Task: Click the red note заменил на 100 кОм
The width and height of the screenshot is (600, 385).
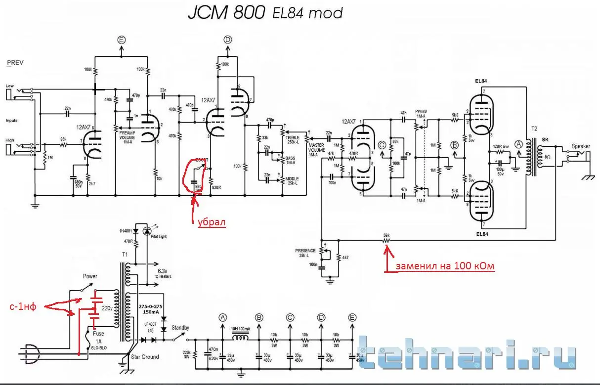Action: coord(444,266)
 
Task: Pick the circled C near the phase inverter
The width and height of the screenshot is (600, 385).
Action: coord(382,145)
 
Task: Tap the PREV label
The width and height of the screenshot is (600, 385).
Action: coord(16,63)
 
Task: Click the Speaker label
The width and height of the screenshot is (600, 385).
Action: coord(581,146)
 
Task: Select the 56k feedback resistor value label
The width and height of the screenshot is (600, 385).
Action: coord(387,234)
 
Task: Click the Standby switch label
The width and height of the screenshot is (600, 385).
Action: coord(180,327)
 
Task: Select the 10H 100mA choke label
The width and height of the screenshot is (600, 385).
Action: coord(241,328)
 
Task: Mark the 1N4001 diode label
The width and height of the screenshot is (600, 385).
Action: coord(127,231)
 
